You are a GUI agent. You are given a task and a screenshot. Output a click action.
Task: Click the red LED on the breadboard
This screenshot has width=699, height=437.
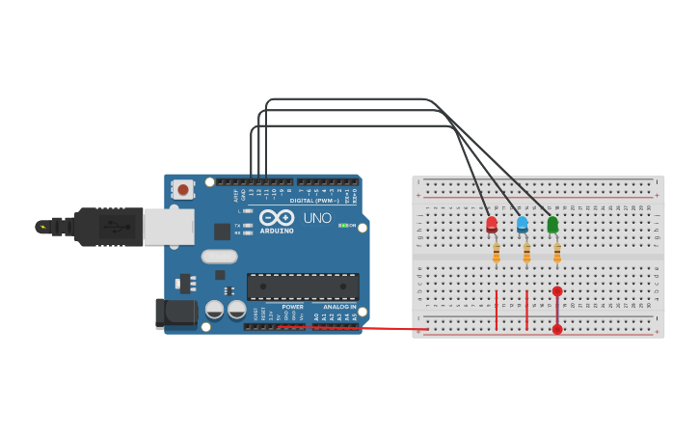(492, 225)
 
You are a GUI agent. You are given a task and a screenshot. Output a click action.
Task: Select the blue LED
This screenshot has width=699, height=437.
(523, 225)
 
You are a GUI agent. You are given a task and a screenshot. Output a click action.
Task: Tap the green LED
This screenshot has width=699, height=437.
(552, 225)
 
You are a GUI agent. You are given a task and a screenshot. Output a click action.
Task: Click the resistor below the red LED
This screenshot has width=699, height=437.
(496, 254)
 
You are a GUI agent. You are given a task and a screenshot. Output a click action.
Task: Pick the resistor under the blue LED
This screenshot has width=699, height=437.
(526, 254)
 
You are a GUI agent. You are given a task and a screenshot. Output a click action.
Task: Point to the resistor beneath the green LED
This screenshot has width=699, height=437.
(557, 254)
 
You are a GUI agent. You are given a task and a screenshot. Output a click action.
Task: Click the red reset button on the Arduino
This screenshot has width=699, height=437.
(183, 190)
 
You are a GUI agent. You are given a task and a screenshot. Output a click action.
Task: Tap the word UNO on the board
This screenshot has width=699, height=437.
(318, 219)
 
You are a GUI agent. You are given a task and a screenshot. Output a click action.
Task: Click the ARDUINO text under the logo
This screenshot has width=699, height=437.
(277, 231)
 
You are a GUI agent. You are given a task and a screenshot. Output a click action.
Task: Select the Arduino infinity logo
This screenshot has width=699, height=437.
(276, 218)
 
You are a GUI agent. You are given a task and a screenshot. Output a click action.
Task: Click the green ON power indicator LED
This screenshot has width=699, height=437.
(342, 226)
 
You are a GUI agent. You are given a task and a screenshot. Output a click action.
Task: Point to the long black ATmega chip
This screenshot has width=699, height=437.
(303, 286)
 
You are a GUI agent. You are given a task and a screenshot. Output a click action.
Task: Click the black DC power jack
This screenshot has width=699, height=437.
(175, 313)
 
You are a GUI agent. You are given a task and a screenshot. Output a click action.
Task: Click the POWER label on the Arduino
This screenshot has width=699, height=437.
(292, 307)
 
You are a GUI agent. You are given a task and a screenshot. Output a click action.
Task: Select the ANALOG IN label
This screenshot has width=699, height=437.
(339, 307)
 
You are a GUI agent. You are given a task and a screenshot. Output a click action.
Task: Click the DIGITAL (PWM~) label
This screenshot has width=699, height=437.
(313, 201)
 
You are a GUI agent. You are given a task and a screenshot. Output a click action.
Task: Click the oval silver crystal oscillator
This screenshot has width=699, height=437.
(220, 257)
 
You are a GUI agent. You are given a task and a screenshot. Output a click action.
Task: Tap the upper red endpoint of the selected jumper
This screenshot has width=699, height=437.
(557, 291)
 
